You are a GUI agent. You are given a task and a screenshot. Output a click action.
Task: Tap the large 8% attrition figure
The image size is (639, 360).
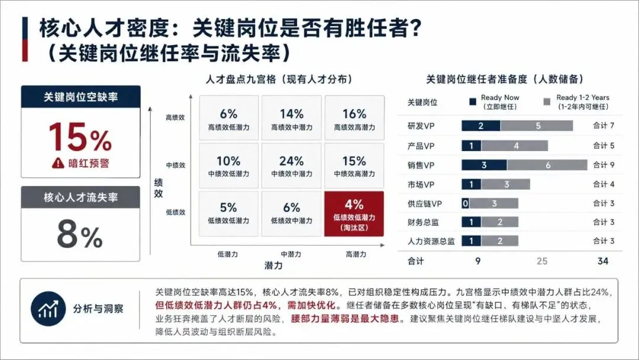79,234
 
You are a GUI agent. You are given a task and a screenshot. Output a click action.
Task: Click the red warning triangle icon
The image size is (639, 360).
58,163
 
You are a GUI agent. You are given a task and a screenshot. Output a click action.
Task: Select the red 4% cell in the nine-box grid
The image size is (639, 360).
354,214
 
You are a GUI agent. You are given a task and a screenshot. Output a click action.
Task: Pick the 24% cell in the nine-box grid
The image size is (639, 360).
291,166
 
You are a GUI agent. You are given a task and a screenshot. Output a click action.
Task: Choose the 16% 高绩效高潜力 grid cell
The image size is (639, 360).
354,118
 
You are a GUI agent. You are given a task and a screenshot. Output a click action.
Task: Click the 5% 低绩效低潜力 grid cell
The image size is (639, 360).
228,214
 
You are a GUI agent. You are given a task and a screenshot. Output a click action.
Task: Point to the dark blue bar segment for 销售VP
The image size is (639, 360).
484,165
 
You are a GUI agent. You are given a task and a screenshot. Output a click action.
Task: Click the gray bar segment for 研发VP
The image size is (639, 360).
537,126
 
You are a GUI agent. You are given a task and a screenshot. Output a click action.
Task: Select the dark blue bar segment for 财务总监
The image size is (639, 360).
472,222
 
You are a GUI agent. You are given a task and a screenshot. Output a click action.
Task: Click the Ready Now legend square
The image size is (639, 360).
473,102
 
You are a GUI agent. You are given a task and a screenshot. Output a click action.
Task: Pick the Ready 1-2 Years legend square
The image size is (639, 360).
547,102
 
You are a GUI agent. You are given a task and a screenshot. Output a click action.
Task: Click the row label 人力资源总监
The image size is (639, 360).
431,242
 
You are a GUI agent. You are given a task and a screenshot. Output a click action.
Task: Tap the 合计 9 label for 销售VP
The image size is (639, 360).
603,165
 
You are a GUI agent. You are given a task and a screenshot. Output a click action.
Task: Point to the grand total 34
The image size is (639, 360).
603,261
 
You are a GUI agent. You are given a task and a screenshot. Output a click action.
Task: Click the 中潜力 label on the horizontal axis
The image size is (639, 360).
291,255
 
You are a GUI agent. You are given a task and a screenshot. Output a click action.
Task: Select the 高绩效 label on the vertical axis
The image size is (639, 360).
175,117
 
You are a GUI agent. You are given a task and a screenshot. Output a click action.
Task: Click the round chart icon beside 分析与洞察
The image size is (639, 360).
48,308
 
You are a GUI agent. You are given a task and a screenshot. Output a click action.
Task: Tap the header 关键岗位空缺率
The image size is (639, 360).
80,97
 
